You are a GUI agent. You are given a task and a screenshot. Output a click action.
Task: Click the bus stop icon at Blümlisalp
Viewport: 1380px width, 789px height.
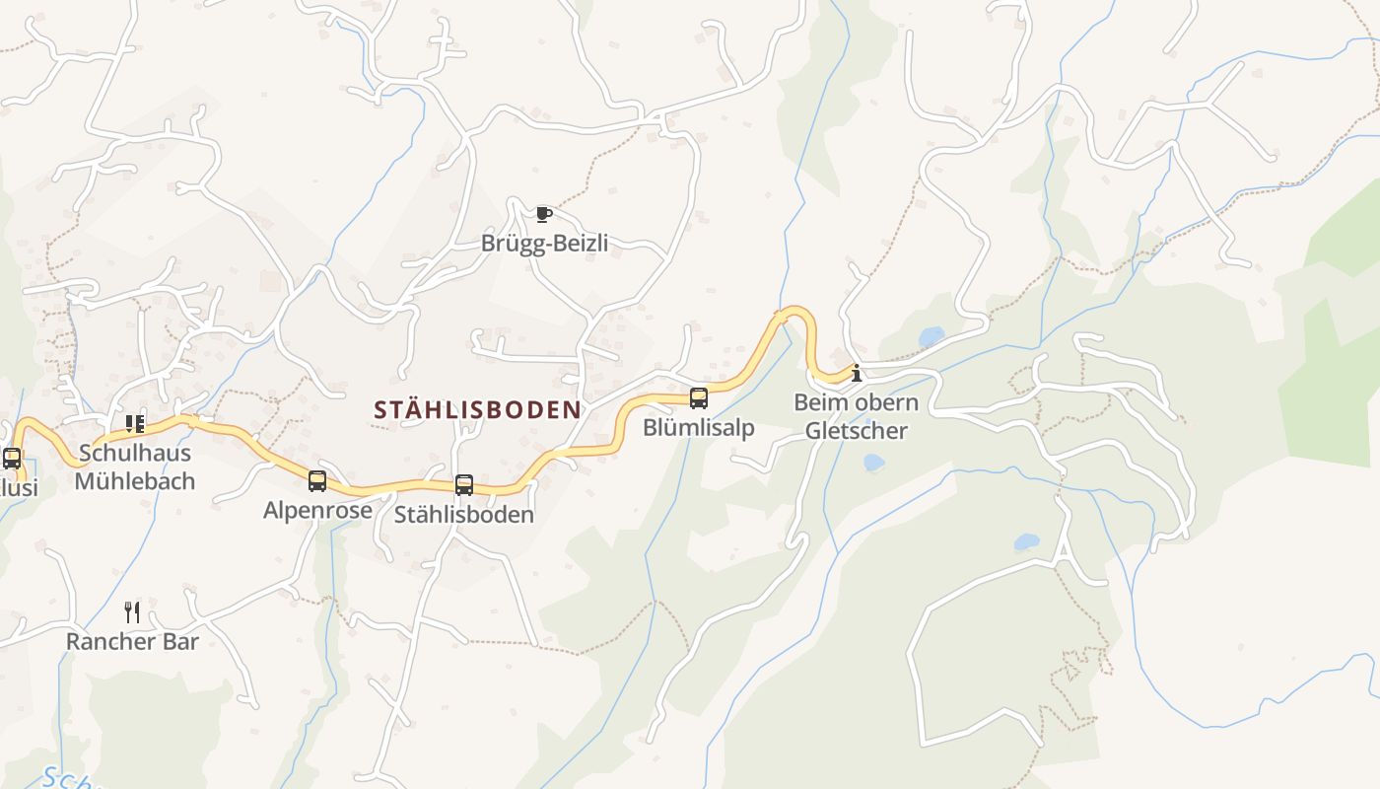coord(699,398)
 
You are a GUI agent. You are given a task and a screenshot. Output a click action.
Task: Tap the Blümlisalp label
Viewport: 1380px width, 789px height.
coord(699,427)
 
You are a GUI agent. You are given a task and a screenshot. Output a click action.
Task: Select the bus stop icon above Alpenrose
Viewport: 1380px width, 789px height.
coord(317,481)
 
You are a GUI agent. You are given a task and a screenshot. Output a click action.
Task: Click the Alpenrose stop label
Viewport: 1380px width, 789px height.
coord(317,510)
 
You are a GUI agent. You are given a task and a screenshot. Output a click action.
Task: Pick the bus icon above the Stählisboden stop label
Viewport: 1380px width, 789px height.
coord(464,485)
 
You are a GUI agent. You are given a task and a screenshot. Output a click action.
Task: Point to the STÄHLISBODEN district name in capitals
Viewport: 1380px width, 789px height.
coord(477,410)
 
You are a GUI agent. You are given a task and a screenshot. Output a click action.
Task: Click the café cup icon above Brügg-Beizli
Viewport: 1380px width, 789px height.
coord(543,214)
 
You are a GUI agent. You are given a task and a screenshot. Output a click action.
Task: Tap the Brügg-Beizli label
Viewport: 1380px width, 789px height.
coord(544,243)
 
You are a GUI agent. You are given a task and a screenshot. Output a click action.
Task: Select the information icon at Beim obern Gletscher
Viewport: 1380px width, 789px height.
coord(857,373)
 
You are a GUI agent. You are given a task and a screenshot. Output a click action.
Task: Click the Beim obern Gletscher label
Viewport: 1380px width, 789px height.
coord(856,416)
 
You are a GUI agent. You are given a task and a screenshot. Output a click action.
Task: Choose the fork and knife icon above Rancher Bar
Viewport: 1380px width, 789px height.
coord(132,612)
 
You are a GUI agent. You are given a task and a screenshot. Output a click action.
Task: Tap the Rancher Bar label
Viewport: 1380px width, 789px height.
coord(132,642)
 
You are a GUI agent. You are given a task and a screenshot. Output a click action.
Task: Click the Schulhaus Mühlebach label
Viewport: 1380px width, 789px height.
coord(135,467)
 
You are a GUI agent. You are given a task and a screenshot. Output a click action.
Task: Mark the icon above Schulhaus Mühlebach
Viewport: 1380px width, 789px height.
coord(135,424)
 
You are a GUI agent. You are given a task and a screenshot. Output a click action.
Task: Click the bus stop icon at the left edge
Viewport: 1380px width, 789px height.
coord(12,459)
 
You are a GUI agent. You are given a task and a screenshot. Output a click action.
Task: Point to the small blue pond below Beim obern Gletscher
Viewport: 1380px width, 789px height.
coord(873,463)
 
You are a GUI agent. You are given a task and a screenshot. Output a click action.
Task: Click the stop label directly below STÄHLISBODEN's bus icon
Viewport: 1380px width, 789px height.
coord(464,515)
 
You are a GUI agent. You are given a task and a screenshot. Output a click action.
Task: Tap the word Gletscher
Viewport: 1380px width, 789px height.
coord(856,431)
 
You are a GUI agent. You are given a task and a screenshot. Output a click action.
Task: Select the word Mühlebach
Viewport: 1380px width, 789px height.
coord(135,481)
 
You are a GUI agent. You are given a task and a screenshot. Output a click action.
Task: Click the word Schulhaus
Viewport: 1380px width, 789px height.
coord(135,454)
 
